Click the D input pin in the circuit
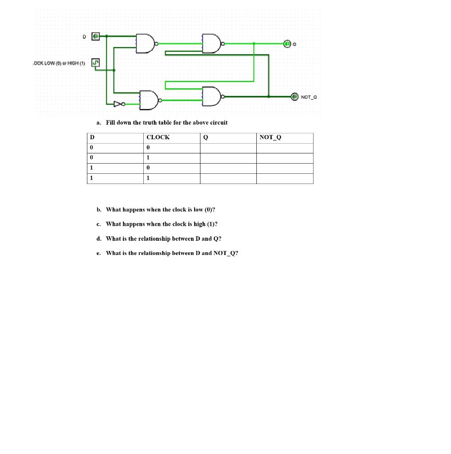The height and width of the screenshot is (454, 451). [x=96, y=36]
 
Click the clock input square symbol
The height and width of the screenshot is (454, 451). [x=95, y=63]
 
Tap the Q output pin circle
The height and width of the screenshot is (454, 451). [x=287, y=44]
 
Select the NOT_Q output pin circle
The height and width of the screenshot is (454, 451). [x=294, y=96]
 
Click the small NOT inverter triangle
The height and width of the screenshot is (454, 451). [x=118, y=104]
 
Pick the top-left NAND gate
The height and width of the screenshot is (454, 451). [x=146, y=43]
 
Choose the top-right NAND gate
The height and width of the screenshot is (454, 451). [x=212, y=43]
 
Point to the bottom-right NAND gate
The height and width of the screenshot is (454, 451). [x=212, y=96]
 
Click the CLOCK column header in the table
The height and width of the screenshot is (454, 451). [x=158, y=137]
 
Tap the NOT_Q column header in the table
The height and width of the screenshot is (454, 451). [x=270, y=137]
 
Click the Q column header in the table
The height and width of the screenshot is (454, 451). [x=205, y=137]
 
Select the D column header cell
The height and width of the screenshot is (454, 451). [x=92, y=137]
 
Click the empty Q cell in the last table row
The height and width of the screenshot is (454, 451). [x=228, y=179]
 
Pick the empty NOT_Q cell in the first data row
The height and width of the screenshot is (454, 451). [x=284, y=148]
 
